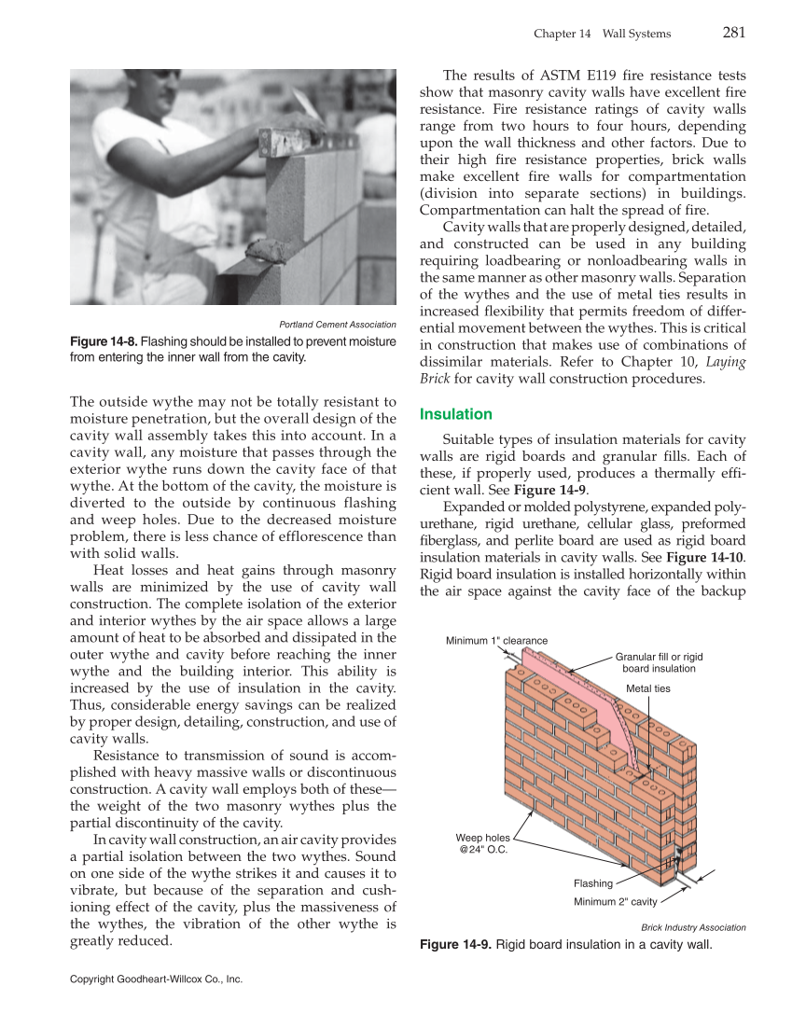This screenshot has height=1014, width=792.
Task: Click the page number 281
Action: (734, 33)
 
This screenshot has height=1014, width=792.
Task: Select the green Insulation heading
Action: (456, 413)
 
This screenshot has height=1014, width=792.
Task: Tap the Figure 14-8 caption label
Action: (104, 341)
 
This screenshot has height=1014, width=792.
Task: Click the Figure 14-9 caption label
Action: (455, 945)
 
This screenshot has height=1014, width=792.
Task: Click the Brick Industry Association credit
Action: (693, 927)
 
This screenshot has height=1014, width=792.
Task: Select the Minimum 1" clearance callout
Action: (495, 640)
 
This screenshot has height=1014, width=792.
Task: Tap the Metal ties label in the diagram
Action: (647, 688)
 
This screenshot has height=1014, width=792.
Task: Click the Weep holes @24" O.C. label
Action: (482, 843)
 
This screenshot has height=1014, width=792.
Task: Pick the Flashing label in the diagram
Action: (592, 883)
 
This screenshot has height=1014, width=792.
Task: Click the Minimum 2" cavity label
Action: (615, 901)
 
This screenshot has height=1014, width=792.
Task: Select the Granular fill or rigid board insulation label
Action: (659, 662)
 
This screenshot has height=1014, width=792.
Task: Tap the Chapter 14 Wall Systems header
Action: (602, 34)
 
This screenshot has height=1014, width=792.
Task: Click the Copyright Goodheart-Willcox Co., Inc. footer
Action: (156, 979)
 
